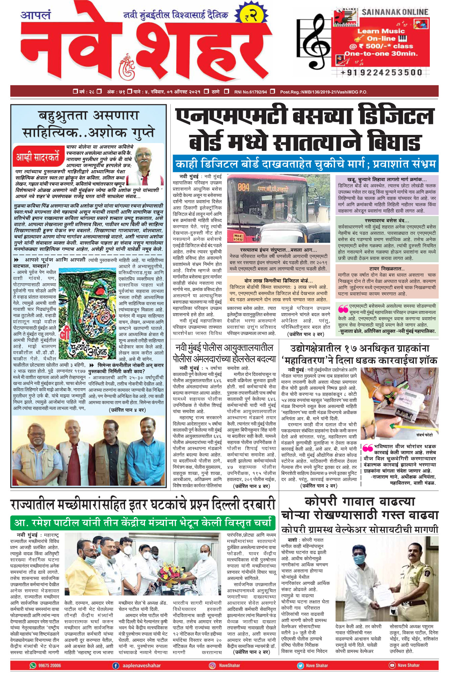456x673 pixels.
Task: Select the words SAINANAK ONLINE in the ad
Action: (395, 12)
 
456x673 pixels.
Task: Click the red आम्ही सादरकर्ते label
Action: (38, 157)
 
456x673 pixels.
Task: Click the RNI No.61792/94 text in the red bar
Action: (250, 92)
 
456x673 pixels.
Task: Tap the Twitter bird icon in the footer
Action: (300, 665)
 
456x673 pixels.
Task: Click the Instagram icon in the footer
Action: (213, 665)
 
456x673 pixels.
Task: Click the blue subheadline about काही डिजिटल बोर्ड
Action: (305, 164)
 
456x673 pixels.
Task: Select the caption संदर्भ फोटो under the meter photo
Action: (424, 435)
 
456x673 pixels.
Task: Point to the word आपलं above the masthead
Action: (35, 15)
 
